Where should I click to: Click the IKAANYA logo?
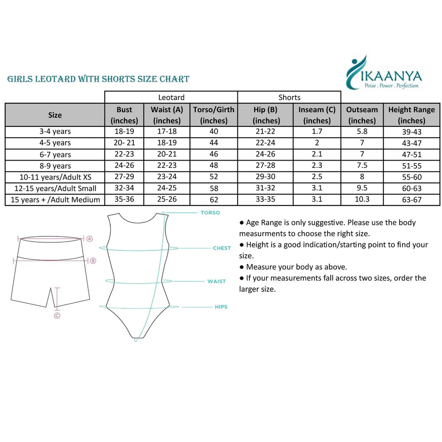pos(383,73)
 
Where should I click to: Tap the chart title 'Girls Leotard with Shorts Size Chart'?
pos(98,79)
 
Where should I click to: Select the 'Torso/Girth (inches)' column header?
pos(214,115)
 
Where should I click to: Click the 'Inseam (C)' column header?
pos(317,115)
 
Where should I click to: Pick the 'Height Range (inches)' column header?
pos(411,115)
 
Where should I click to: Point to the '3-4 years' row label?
pos(54,132)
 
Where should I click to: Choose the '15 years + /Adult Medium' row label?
pos(55,200)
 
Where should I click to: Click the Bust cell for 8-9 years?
pos(124,166)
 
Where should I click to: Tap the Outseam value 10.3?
pos(362,199)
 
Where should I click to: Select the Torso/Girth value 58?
pos(214,189)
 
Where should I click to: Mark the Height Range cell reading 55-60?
pos(411,177)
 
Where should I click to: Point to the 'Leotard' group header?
pos(171,98)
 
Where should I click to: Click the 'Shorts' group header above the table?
pos(289,98)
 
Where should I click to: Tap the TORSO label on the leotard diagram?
pos(210,213)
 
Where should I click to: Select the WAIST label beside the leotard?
pos(216,281)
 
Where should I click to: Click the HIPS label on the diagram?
pos(221,307)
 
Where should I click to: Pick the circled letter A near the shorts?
pos(89,238)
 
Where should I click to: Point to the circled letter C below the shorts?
pos(57,316)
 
